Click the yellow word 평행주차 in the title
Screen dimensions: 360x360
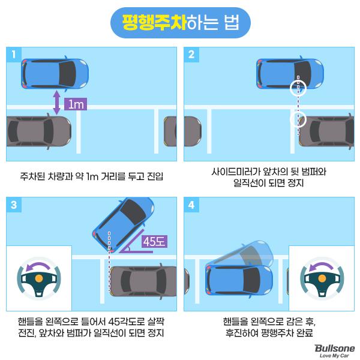pyautogui.click(x=154, y=23)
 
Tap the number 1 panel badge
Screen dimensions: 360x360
pyautogui.click(x=14, y=55)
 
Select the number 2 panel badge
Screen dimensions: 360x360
pyautogui.click(x=191, y=55)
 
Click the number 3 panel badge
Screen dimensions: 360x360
pyautogui.click(x=14, y=205)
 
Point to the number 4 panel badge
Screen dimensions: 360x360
pyautogui.click(x=191, y=205)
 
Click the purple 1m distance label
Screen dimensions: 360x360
pyautogui.click(x=76, y=104)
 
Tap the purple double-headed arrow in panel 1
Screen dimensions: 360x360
pyautogui.click(x=56, y=103)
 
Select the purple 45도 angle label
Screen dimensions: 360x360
pyautogui.click(x=154, y=241)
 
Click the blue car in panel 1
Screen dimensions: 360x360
pyautogui.click(x=55, y=73)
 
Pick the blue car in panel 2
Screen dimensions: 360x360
pyautogui.click(x=290, y=73)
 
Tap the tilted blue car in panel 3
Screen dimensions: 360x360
pyautogui.click(x=123, y=224)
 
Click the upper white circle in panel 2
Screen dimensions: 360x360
pyautogui.click(x=298, y=88)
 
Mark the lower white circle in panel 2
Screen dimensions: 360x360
pyautogui.click(x=298, y=119)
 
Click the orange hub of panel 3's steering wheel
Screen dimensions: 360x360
pyautogui.click(x=39, y=278)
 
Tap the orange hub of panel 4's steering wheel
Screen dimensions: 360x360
pyautogui.click(x=322, y=278)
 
